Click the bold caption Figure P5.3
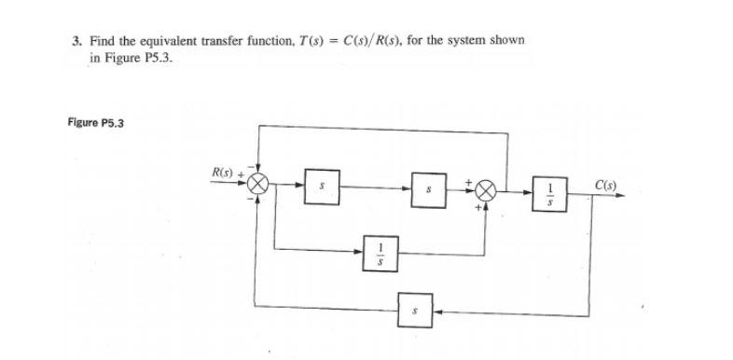[97, 122]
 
